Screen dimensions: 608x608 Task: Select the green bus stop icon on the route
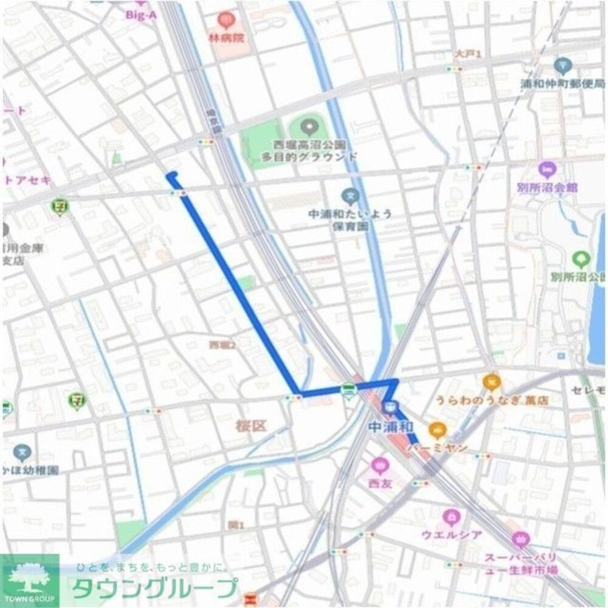348,390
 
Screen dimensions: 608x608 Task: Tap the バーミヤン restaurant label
437,449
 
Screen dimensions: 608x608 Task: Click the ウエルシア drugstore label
452,535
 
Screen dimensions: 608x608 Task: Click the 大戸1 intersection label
468,55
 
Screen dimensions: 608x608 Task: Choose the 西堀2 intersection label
223,345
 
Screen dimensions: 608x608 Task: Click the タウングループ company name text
154,589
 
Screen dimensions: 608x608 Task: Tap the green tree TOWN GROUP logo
29,581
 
